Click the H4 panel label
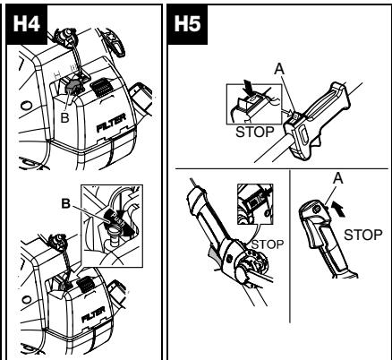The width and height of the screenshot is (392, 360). tap(27, 24)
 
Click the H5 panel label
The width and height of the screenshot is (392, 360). tap(187, 24)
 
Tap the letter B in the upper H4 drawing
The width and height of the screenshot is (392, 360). tap(64, 117)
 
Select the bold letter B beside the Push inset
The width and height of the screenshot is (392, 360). tap(66, 203)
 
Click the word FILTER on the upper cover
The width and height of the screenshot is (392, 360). tap(111, 123)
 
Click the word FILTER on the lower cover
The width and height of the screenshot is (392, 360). tap(93, 314)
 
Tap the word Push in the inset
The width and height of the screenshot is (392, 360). tap(116, 219)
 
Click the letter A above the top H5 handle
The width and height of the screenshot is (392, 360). tap(279, 69)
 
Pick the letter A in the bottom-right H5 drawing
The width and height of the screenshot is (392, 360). tap(337, 178)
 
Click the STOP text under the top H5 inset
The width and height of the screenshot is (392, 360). tap(255, 132)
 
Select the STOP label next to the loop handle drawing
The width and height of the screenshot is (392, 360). tap(268, 244)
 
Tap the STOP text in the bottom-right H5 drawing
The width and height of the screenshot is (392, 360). tap(362, 235)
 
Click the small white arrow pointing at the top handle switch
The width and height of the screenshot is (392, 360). tap(287, 112)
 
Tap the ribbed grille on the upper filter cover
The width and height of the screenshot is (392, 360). tap(100, 87)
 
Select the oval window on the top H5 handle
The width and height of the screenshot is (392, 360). tap(304, 134)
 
